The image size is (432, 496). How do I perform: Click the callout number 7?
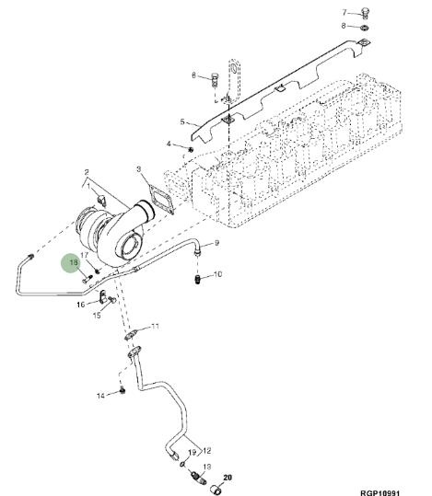344,12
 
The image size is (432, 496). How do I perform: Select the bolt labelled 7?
365,12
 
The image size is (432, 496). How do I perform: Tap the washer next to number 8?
365,28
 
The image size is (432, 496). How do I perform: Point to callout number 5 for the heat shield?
182,121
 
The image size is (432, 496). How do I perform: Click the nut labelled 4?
191,149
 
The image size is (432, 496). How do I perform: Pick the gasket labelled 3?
161,201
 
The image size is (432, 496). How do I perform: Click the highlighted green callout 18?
74,262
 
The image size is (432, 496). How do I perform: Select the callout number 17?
84,255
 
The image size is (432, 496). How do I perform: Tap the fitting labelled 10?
197,281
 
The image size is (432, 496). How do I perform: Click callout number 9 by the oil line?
216,243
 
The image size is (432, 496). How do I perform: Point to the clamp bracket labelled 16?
102,296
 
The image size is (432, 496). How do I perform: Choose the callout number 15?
97,315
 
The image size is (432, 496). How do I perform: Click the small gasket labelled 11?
132,335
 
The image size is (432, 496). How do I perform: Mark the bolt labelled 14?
123,390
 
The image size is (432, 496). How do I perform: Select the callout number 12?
207,450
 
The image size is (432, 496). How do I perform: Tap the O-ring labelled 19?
183,464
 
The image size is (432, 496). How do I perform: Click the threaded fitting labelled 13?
198,478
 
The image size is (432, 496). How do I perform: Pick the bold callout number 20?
228,478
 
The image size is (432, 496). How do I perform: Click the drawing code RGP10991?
380,492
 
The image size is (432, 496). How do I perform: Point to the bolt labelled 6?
215,79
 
